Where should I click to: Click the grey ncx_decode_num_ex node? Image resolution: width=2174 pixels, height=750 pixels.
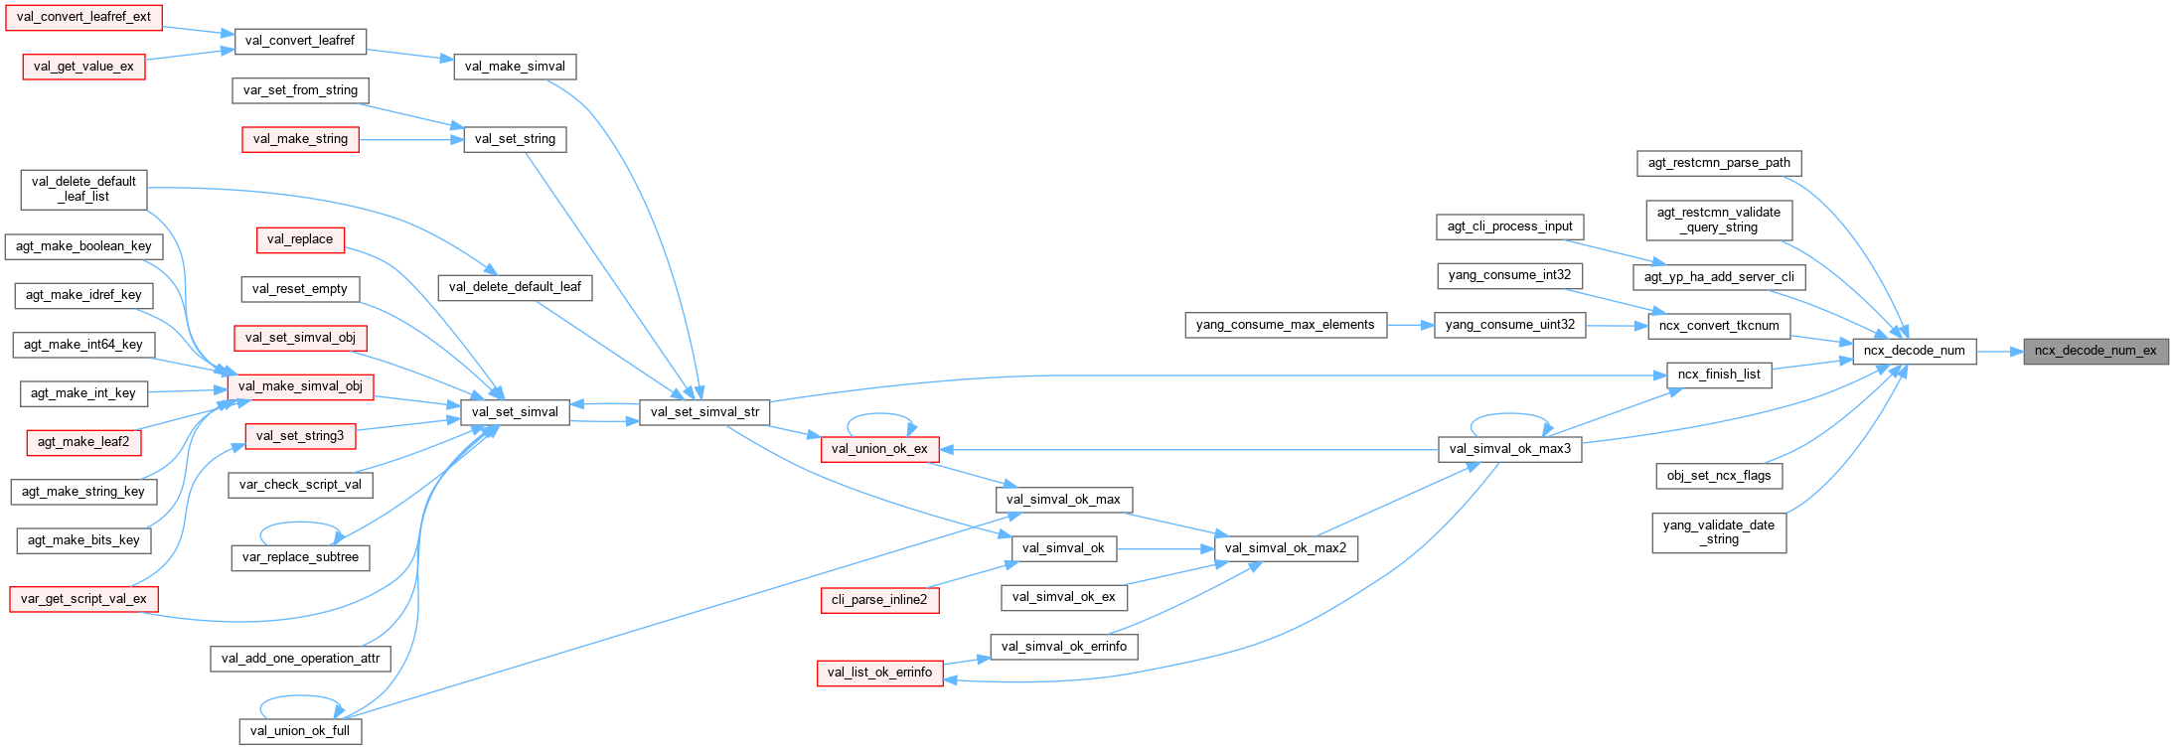pos(2095,351)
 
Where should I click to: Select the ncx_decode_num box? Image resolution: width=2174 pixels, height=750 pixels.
pos(1914,351)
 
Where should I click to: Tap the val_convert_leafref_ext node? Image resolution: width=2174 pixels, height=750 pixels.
pos(83,17)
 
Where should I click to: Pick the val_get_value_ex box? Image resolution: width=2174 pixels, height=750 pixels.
pos(83,67)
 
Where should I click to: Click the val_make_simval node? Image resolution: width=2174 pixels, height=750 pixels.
pos(515,67)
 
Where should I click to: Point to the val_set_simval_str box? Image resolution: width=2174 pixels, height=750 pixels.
pos(704,412)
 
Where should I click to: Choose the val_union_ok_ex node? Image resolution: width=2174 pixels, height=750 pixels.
pos(879,449)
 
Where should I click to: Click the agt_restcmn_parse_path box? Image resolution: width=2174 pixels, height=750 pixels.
pos(1719,163)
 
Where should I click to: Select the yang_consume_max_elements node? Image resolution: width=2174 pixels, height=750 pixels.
pos(1285,325)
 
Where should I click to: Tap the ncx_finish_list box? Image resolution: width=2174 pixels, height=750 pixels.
pos(1719,375)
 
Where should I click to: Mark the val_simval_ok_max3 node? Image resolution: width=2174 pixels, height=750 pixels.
pos(1510,449)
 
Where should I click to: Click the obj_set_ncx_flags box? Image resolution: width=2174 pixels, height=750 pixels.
pos(1719,476)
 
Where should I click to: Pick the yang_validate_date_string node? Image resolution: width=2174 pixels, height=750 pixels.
pos(1719,532)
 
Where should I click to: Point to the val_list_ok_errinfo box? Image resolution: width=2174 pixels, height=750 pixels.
pos(879,673)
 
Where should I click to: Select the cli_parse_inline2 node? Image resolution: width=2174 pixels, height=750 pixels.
pos(879,600)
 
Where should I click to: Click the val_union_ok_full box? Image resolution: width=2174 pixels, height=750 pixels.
pos(300,731)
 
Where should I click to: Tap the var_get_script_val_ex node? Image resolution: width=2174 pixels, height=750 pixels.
pos(83,599)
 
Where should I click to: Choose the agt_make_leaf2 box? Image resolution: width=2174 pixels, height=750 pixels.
pos(83,442)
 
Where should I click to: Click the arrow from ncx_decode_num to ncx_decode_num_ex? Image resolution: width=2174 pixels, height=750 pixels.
pos(1999,351)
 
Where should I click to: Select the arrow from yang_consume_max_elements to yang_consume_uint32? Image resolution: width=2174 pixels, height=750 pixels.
pos(1411,325)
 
